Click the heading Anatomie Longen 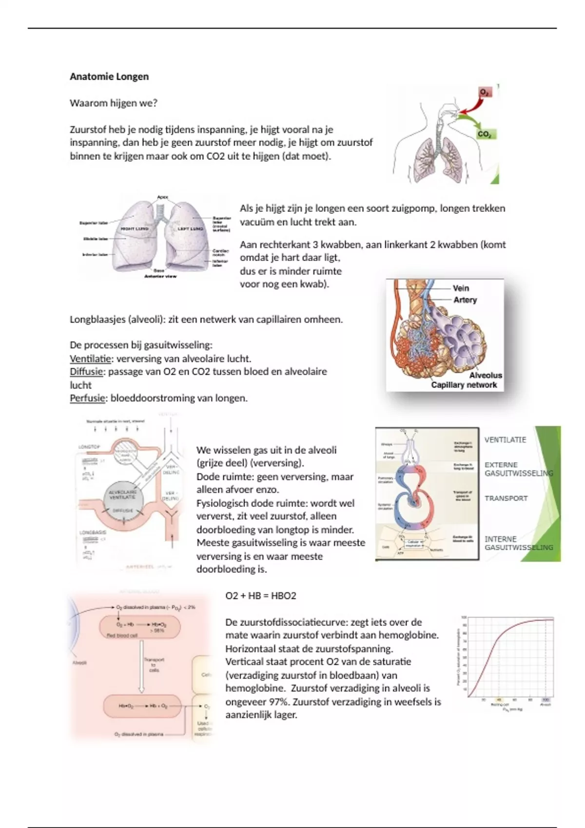click(109, 76)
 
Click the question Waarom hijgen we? click(114, 103)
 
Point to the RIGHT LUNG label click(134, 228)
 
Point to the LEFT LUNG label click(190, 228)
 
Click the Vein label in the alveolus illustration click(461, 288)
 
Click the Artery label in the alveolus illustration click(465, 300)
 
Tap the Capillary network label click(464, 385)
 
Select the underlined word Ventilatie click(90, 359)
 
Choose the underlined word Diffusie click(86, 372)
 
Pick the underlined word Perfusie click(87, 398)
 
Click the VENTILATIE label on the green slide click(505, 440)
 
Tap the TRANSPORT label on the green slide click(506, 498)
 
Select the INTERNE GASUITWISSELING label click(518, 543)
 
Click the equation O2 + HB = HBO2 click(261, 596)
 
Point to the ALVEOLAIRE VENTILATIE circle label click(122, 495)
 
